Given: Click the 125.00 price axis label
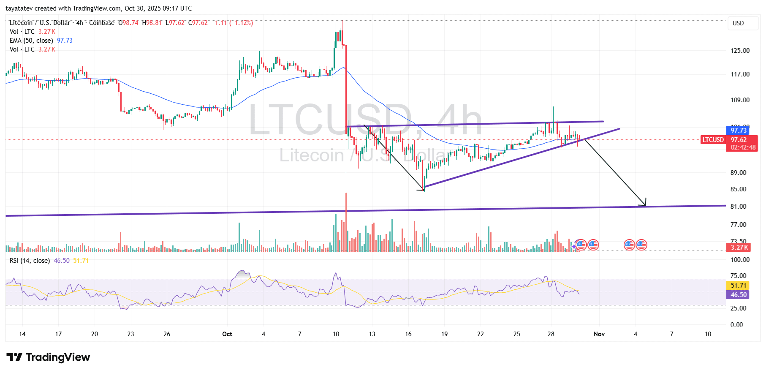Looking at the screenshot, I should [x=740, y=51].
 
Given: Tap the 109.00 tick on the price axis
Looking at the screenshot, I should [x=740, y=100].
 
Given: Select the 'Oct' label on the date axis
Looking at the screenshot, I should [x=227, y=334].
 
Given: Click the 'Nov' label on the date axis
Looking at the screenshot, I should [x=599, y=334].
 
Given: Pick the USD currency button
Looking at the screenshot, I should [x=738, y=23].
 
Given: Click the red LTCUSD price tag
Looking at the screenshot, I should [x=713, y=140].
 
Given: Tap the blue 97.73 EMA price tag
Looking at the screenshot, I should [x=738, y=131].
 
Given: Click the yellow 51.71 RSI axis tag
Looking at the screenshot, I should [x=739, y=286].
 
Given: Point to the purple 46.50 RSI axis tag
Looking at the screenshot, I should [x=739, y=295].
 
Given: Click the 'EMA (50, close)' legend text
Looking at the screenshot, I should [x=31, y=41].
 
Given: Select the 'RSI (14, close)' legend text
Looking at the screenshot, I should [x=30, y=261].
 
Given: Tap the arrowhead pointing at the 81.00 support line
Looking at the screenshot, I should [x=644, y=204].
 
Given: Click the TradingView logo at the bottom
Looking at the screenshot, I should [x=48, y=357].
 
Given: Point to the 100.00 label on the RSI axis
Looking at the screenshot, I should [x=740, y=260].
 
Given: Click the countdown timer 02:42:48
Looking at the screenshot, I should [x=743, y=147].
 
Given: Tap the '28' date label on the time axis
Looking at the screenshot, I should [x=551, y=334].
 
